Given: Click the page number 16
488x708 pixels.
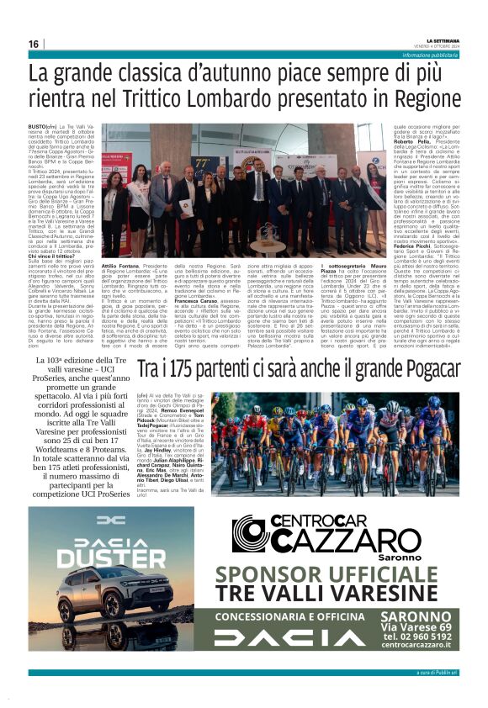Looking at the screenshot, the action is coord(34,44).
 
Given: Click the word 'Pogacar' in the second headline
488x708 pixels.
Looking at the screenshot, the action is coord(427,370).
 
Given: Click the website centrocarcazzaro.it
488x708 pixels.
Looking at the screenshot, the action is coord(418,647).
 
